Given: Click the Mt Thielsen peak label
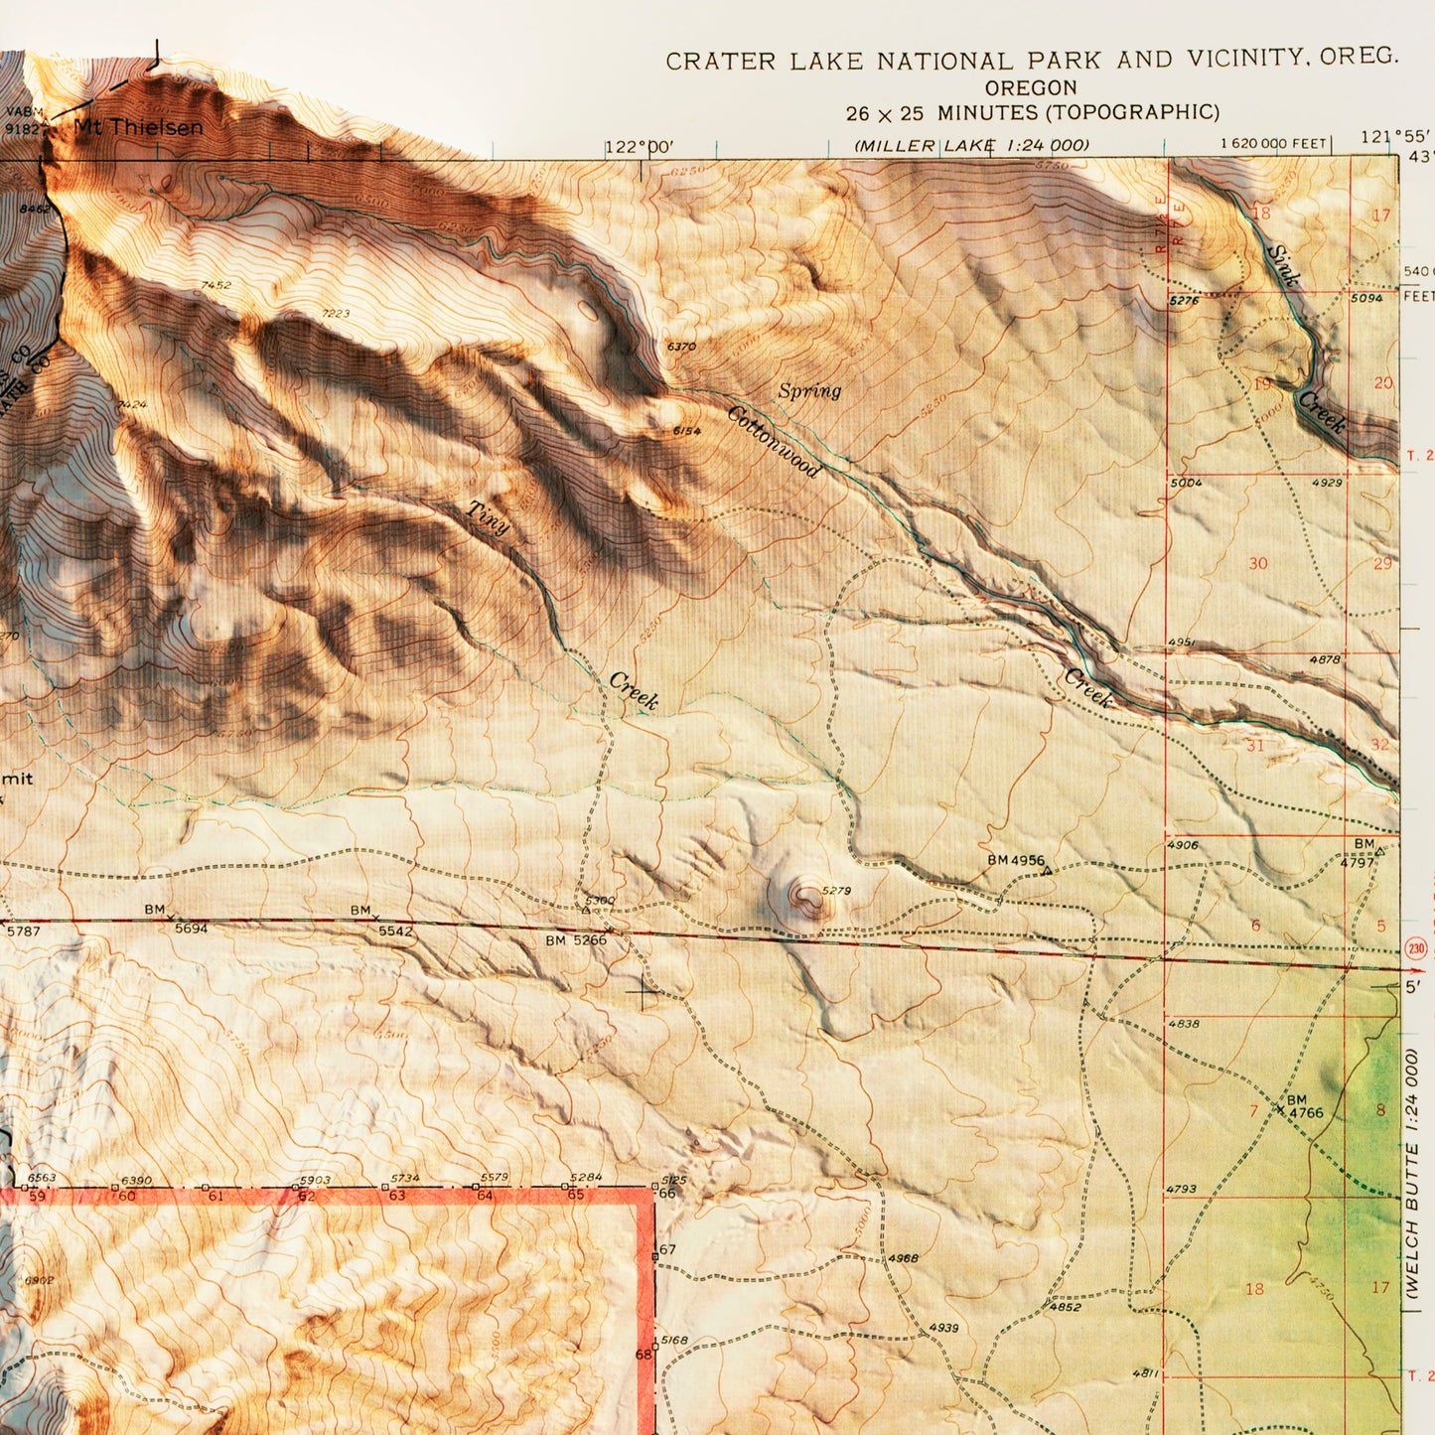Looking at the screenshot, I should coord(139,127).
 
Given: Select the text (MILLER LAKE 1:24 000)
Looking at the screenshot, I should coord(971,146).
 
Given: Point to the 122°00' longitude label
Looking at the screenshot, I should coord(640,148).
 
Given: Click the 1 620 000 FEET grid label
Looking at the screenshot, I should coord(1274,144).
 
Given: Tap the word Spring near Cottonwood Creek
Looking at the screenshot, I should coord(809,391).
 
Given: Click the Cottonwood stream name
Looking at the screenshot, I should coord(774,441).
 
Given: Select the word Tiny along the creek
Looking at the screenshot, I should coord(489,517).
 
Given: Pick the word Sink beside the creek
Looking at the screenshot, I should coord(1283,265).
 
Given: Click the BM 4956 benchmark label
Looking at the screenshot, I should coord(1016,860).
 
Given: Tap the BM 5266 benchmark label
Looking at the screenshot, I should coord(576,940).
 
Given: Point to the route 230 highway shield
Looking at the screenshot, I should coord(1416,949).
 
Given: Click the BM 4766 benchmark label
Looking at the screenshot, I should coord(1304,1107).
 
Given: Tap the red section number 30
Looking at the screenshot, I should coord(1257,564).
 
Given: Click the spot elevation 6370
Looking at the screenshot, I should coord(681,347).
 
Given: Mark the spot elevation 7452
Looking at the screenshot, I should coord(215,286).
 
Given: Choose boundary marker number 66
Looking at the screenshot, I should coord(667,1193).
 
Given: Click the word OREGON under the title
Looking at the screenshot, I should coord(1032,88).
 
